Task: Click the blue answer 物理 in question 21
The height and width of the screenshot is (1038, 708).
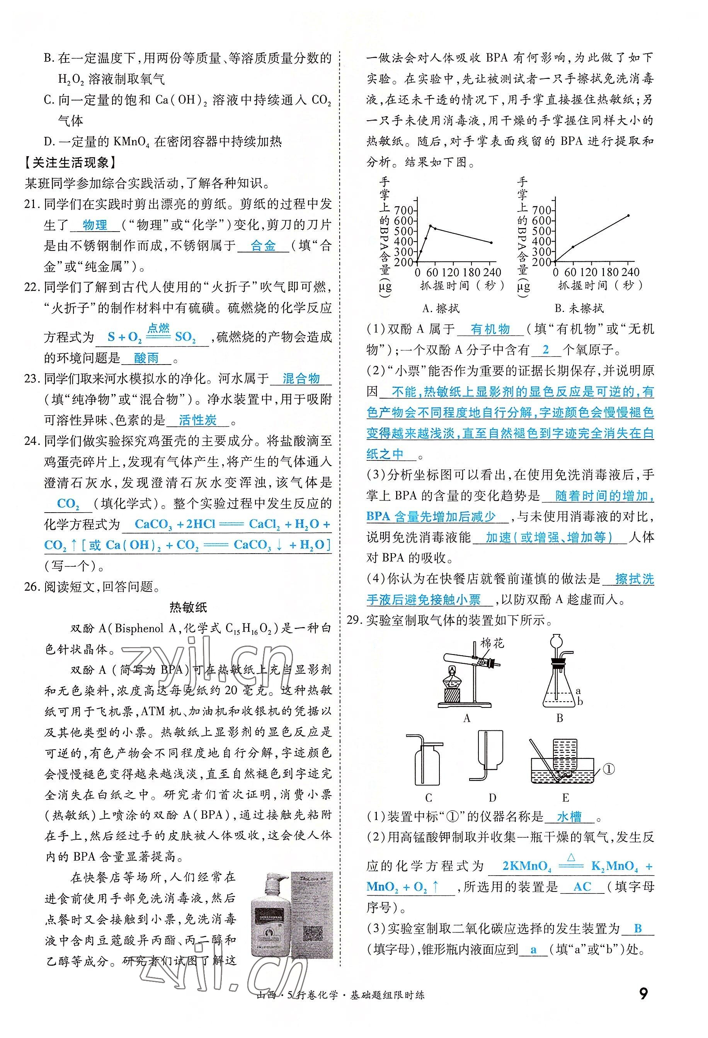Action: tap(95, 225)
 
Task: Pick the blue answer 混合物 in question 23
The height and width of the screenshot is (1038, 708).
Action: tap(301, 379)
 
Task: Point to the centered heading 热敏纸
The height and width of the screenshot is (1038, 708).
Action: tap(188, 607)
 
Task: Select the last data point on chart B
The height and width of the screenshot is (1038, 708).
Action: tap(628, 215)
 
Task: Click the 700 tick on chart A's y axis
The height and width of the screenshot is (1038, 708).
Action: tap(403, 210)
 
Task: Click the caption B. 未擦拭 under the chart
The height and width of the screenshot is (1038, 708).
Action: tap(579, 308)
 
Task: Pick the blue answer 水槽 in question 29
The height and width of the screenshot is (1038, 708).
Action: tap(569, 817)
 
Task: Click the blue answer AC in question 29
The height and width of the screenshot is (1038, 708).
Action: tap(582, 886)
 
